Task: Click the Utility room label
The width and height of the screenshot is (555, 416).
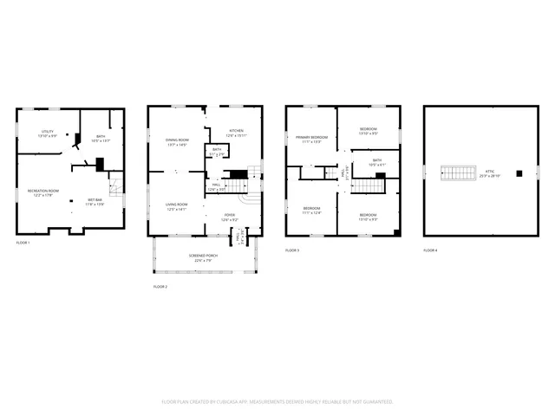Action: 48,133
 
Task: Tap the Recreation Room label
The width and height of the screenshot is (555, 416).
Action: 42,192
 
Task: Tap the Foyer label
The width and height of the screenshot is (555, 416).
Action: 230,217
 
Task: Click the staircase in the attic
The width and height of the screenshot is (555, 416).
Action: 459,173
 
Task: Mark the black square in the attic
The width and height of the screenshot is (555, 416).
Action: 519,173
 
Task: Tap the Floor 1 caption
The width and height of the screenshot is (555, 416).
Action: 23,243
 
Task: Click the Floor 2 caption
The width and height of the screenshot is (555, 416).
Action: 160,286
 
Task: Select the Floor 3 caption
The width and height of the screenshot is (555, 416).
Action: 292,250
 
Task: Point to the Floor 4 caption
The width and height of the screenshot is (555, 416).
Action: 430,250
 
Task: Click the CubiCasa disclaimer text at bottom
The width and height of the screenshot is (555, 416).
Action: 277,402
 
